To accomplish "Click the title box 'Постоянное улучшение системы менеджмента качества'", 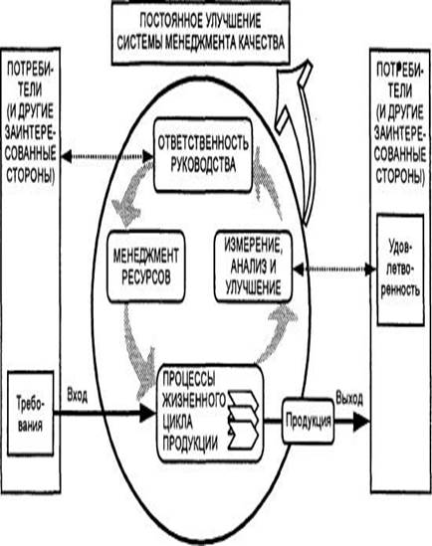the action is pos(201,32).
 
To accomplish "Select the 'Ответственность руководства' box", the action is pos(203,154).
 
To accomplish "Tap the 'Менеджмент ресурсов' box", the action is pos(145,266).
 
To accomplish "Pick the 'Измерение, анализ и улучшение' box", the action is pos(253,266).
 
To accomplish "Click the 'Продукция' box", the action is pos(308,421).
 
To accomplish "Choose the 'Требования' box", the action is pos(30,413).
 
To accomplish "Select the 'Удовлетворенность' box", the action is pos(400,270).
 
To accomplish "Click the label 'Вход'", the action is pos(77,396).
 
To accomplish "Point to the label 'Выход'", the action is pos(349,398).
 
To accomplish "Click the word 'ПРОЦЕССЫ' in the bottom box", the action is pos(189,379).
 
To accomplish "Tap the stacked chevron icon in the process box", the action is pos(243,420).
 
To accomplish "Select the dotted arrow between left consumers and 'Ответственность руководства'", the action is pos(108,156).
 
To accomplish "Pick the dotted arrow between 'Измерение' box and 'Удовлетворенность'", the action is pos(334,269).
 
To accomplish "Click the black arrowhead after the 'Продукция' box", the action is pos(361,421).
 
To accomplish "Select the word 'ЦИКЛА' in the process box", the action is pos(177,423).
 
